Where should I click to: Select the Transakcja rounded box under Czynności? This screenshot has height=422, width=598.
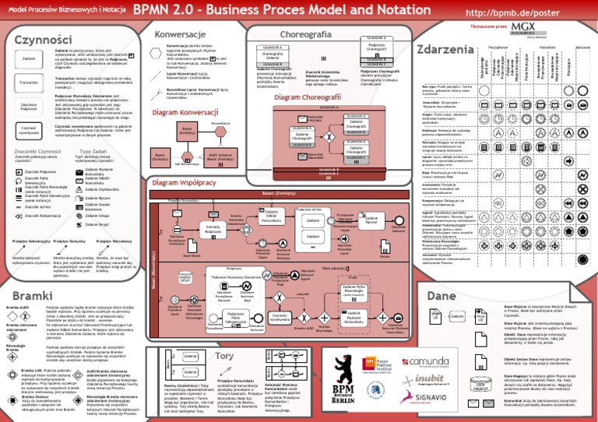click(29, 82)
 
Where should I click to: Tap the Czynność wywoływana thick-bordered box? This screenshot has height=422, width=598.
click(29, 129)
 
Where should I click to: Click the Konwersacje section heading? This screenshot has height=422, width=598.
click(180, 36)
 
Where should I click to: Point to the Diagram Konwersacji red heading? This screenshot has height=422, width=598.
click(185, 113)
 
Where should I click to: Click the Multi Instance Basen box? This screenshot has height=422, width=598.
click(223, 157)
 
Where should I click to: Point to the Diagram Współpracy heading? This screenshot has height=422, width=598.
click(185, 182)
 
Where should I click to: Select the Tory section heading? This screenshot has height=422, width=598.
click(224, 355)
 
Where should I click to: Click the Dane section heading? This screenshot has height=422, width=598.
click(441, 296)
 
